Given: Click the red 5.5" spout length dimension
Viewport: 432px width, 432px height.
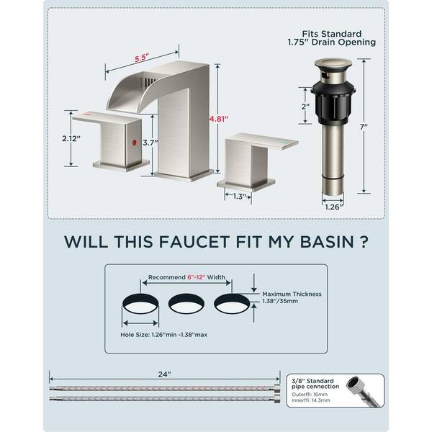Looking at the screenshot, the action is (x=142, y=58).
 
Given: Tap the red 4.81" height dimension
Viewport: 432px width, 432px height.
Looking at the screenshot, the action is (x=219, y=119).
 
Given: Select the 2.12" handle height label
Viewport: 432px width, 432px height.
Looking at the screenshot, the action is (x=71, y=138).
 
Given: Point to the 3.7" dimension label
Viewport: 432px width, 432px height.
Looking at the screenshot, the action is (x=150, y=143).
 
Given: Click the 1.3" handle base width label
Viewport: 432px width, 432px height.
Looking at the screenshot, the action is (x=238, y=197).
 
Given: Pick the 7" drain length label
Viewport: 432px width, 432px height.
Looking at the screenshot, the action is (x=364, y=127).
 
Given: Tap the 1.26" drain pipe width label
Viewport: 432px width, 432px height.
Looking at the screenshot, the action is (x=334, y=207).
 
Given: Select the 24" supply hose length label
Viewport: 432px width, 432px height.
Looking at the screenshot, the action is (x=164, y=374).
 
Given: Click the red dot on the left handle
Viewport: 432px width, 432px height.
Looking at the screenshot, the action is (x=135, y=143).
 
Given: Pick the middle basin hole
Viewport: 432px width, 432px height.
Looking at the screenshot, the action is (x=186, y=304).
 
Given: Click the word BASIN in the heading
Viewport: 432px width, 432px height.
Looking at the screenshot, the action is (x=327, y=241).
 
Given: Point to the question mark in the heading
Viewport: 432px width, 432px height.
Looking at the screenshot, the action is (x=364, y=241).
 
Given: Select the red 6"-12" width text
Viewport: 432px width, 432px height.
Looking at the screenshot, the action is (x=197, y=277).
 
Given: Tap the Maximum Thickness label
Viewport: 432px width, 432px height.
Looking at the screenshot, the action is (x=292, y=294).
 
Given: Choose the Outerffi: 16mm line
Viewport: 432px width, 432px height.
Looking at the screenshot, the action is (x=310, y=395).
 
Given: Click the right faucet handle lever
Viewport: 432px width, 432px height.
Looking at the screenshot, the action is (x=261, y=141).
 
